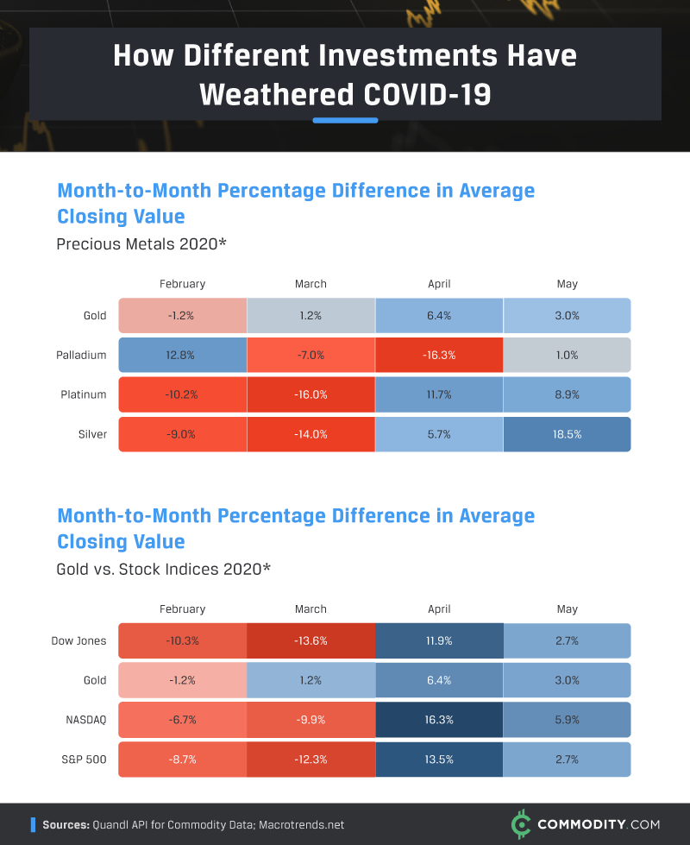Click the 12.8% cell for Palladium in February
[182, 355]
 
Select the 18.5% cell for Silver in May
[567, 434]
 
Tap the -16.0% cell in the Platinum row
[310, 394]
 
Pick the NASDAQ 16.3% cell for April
[439, 720]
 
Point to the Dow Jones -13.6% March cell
[310, 640]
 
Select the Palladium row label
[83, 355]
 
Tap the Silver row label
[91, 434]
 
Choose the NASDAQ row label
[85, 720]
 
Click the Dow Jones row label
[79, 640]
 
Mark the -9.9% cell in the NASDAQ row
[310, 720]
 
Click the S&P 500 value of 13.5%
[439, 760]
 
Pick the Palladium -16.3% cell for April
[439, 355]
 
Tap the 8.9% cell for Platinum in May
[567, 394]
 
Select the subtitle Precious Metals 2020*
[141, 244]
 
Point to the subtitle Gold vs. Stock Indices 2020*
[164, 570]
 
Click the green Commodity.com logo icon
[519, 824]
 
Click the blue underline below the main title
[345, 120]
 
